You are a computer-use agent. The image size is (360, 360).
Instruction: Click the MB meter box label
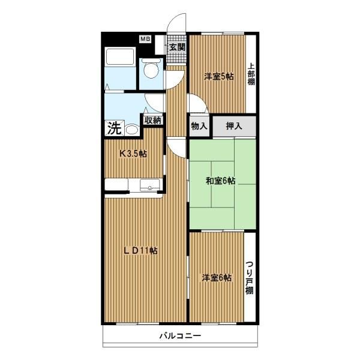pyautogui.click(x=145, y=39)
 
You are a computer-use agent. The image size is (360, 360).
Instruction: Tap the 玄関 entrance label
pyautogui.click(x=177, y=47)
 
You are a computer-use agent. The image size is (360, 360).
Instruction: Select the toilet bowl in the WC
pyautogui.click(x=151, y=68)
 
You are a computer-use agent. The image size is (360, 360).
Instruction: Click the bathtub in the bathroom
pyautogui.click(x=120, y=57)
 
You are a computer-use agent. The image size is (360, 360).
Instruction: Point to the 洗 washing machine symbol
pyautogui.click(x=115, y=128)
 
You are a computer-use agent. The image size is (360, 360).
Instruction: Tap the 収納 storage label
pyautogui.click(x=153, y=120)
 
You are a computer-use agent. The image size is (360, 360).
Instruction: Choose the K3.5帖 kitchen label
pyautogui.click(x=133, y=154)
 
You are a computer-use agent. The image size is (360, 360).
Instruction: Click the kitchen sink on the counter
pyautogui.click(x=150, y=185)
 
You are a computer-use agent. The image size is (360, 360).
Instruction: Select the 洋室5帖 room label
pyautogui.click(x=219, y=76)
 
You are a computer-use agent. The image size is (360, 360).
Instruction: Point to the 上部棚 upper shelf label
pyautogui.click(x=251, y=74)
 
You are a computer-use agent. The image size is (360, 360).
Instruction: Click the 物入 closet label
pyautogui.click(x=199, y=126)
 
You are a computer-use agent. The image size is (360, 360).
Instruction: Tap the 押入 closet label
pyautogui.click(x=234, y=126)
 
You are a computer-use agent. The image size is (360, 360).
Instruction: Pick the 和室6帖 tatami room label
pyautogui.click(x=220, y=181)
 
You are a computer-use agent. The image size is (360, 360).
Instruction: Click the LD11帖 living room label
pyautogui.click(x=140, y=250)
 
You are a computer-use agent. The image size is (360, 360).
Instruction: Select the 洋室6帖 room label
pyautogui.click(x=217, y=278)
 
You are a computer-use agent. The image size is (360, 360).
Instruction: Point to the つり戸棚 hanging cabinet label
pyautogui.click(x=250, y=278)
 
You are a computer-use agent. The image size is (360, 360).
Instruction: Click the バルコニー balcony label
pyautogui.click(x=180, y=337)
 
